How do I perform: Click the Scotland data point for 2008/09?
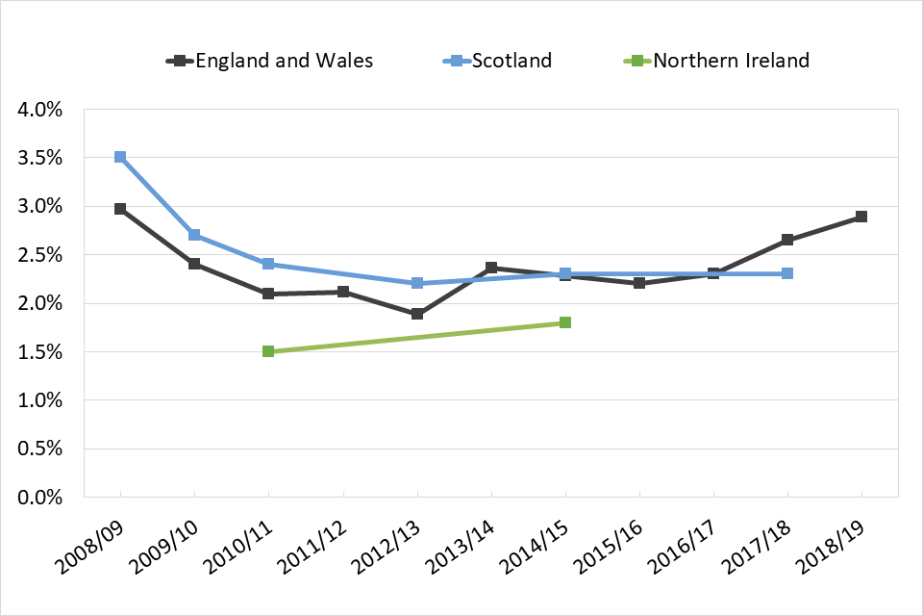[120, 157]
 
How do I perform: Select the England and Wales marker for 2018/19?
[861, 217]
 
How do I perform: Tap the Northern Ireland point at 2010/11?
[268, 351]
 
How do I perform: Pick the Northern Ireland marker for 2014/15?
[565, 322]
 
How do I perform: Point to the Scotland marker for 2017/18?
[787, 273]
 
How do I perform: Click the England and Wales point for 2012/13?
[417, 314]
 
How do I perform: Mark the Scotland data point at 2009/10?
[194, 235]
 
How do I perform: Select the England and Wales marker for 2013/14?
[491, 268]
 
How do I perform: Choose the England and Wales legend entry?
[270, 61]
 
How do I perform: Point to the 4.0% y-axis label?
[40, 110]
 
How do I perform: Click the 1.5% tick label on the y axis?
[40, 352]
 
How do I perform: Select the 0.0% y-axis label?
[40, 498]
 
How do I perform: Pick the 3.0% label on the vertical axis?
[40, 207]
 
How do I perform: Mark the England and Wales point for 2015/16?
[639, 283]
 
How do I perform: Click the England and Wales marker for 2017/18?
[787, 240]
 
